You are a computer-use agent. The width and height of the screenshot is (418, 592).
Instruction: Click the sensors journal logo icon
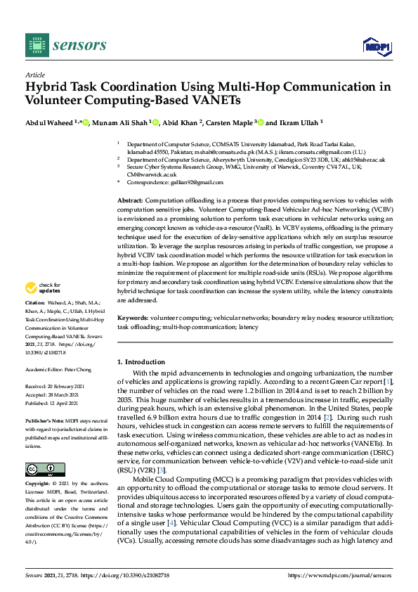(x=35, y=46)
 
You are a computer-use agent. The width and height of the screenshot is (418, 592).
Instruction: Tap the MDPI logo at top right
(x=375, y=46)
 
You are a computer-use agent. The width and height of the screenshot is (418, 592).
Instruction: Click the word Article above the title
(x=35, y=75)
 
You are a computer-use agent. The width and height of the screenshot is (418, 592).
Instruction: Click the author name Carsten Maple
(x=229, y=122)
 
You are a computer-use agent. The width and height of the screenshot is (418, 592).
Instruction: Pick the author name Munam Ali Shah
(x=123, y=122)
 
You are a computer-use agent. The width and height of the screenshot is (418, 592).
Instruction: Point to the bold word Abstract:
(x=132, y=201)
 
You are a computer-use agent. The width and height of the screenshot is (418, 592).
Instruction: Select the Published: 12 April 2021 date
(x=57, y=403)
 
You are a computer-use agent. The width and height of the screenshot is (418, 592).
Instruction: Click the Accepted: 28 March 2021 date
(x=57, y=394)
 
